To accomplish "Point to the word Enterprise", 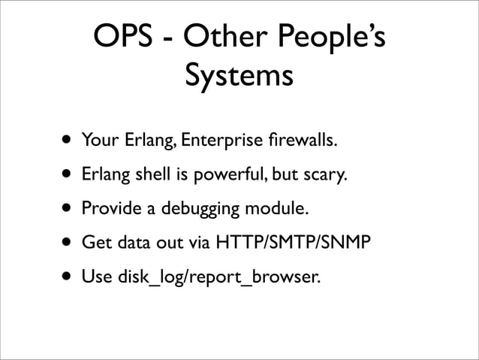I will pos(228,141).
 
